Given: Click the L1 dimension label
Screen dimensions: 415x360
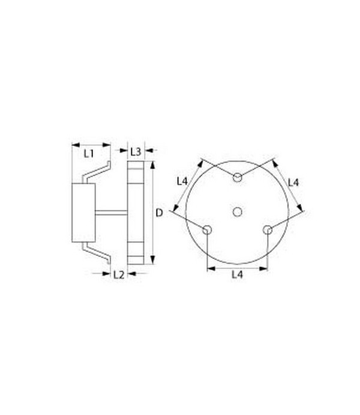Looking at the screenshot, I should click(x=89, y=154).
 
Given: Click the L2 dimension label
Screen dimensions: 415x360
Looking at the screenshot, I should click(x=118, y=274).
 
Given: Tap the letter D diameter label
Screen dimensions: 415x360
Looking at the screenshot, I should click(x=159, y=213).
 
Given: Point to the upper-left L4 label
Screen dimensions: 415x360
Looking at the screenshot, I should click(x=183, y=181).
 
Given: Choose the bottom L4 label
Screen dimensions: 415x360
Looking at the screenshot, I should click(x=237, y=275).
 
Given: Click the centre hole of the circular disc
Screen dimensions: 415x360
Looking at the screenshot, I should click(x=238, y=211).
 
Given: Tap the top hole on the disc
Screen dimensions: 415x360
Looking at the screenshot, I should click(x=238, y=177).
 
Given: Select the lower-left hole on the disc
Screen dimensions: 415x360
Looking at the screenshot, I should click(x=207, y=229).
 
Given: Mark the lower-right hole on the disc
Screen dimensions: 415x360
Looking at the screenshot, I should click(x=268, y=229).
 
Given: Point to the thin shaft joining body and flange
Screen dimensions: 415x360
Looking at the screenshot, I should click(x=111, y=213).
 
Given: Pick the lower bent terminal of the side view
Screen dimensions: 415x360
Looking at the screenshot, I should click(x=96, y=252).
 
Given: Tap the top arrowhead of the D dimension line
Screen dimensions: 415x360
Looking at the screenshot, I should click(x=153, y=165).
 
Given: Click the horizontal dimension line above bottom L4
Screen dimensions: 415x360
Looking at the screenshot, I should click(x=237, y=268).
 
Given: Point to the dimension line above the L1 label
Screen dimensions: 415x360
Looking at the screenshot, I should click(x=91, y=144).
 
